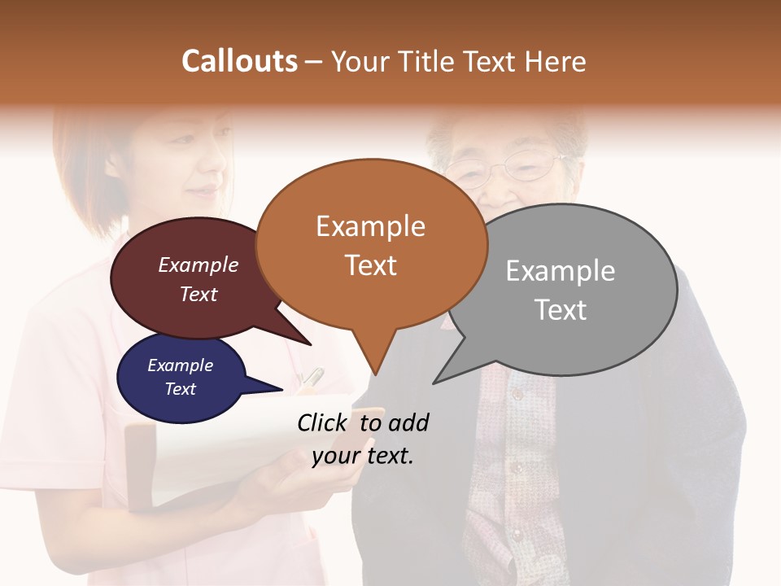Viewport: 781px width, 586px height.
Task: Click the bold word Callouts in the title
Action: point(239,61)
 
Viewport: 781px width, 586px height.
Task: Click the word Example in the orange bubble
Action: point(370,226)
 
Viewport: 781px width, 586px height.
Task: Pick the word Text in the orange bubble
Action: point(370,265)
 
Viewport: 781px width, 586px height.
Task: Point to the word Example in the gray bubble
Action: point(560,271)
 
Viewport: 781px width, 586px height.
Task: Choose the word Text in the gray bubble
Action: point(560,310)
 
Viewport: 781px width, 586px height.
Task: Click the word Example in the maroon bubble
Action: point(198,265)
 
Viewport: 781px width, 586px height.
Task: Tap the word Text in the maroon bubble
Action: point(198,295)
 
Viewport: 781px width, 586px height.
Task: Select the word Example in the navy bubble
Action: point(180,365)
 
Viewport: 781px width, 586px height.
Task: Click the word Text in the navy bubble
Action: point(180,389)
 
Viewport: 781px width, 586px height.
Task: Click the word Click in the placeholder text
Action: point(324,422)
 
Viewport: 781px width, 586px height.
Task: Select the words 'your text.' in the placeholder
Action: point(362,456)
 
